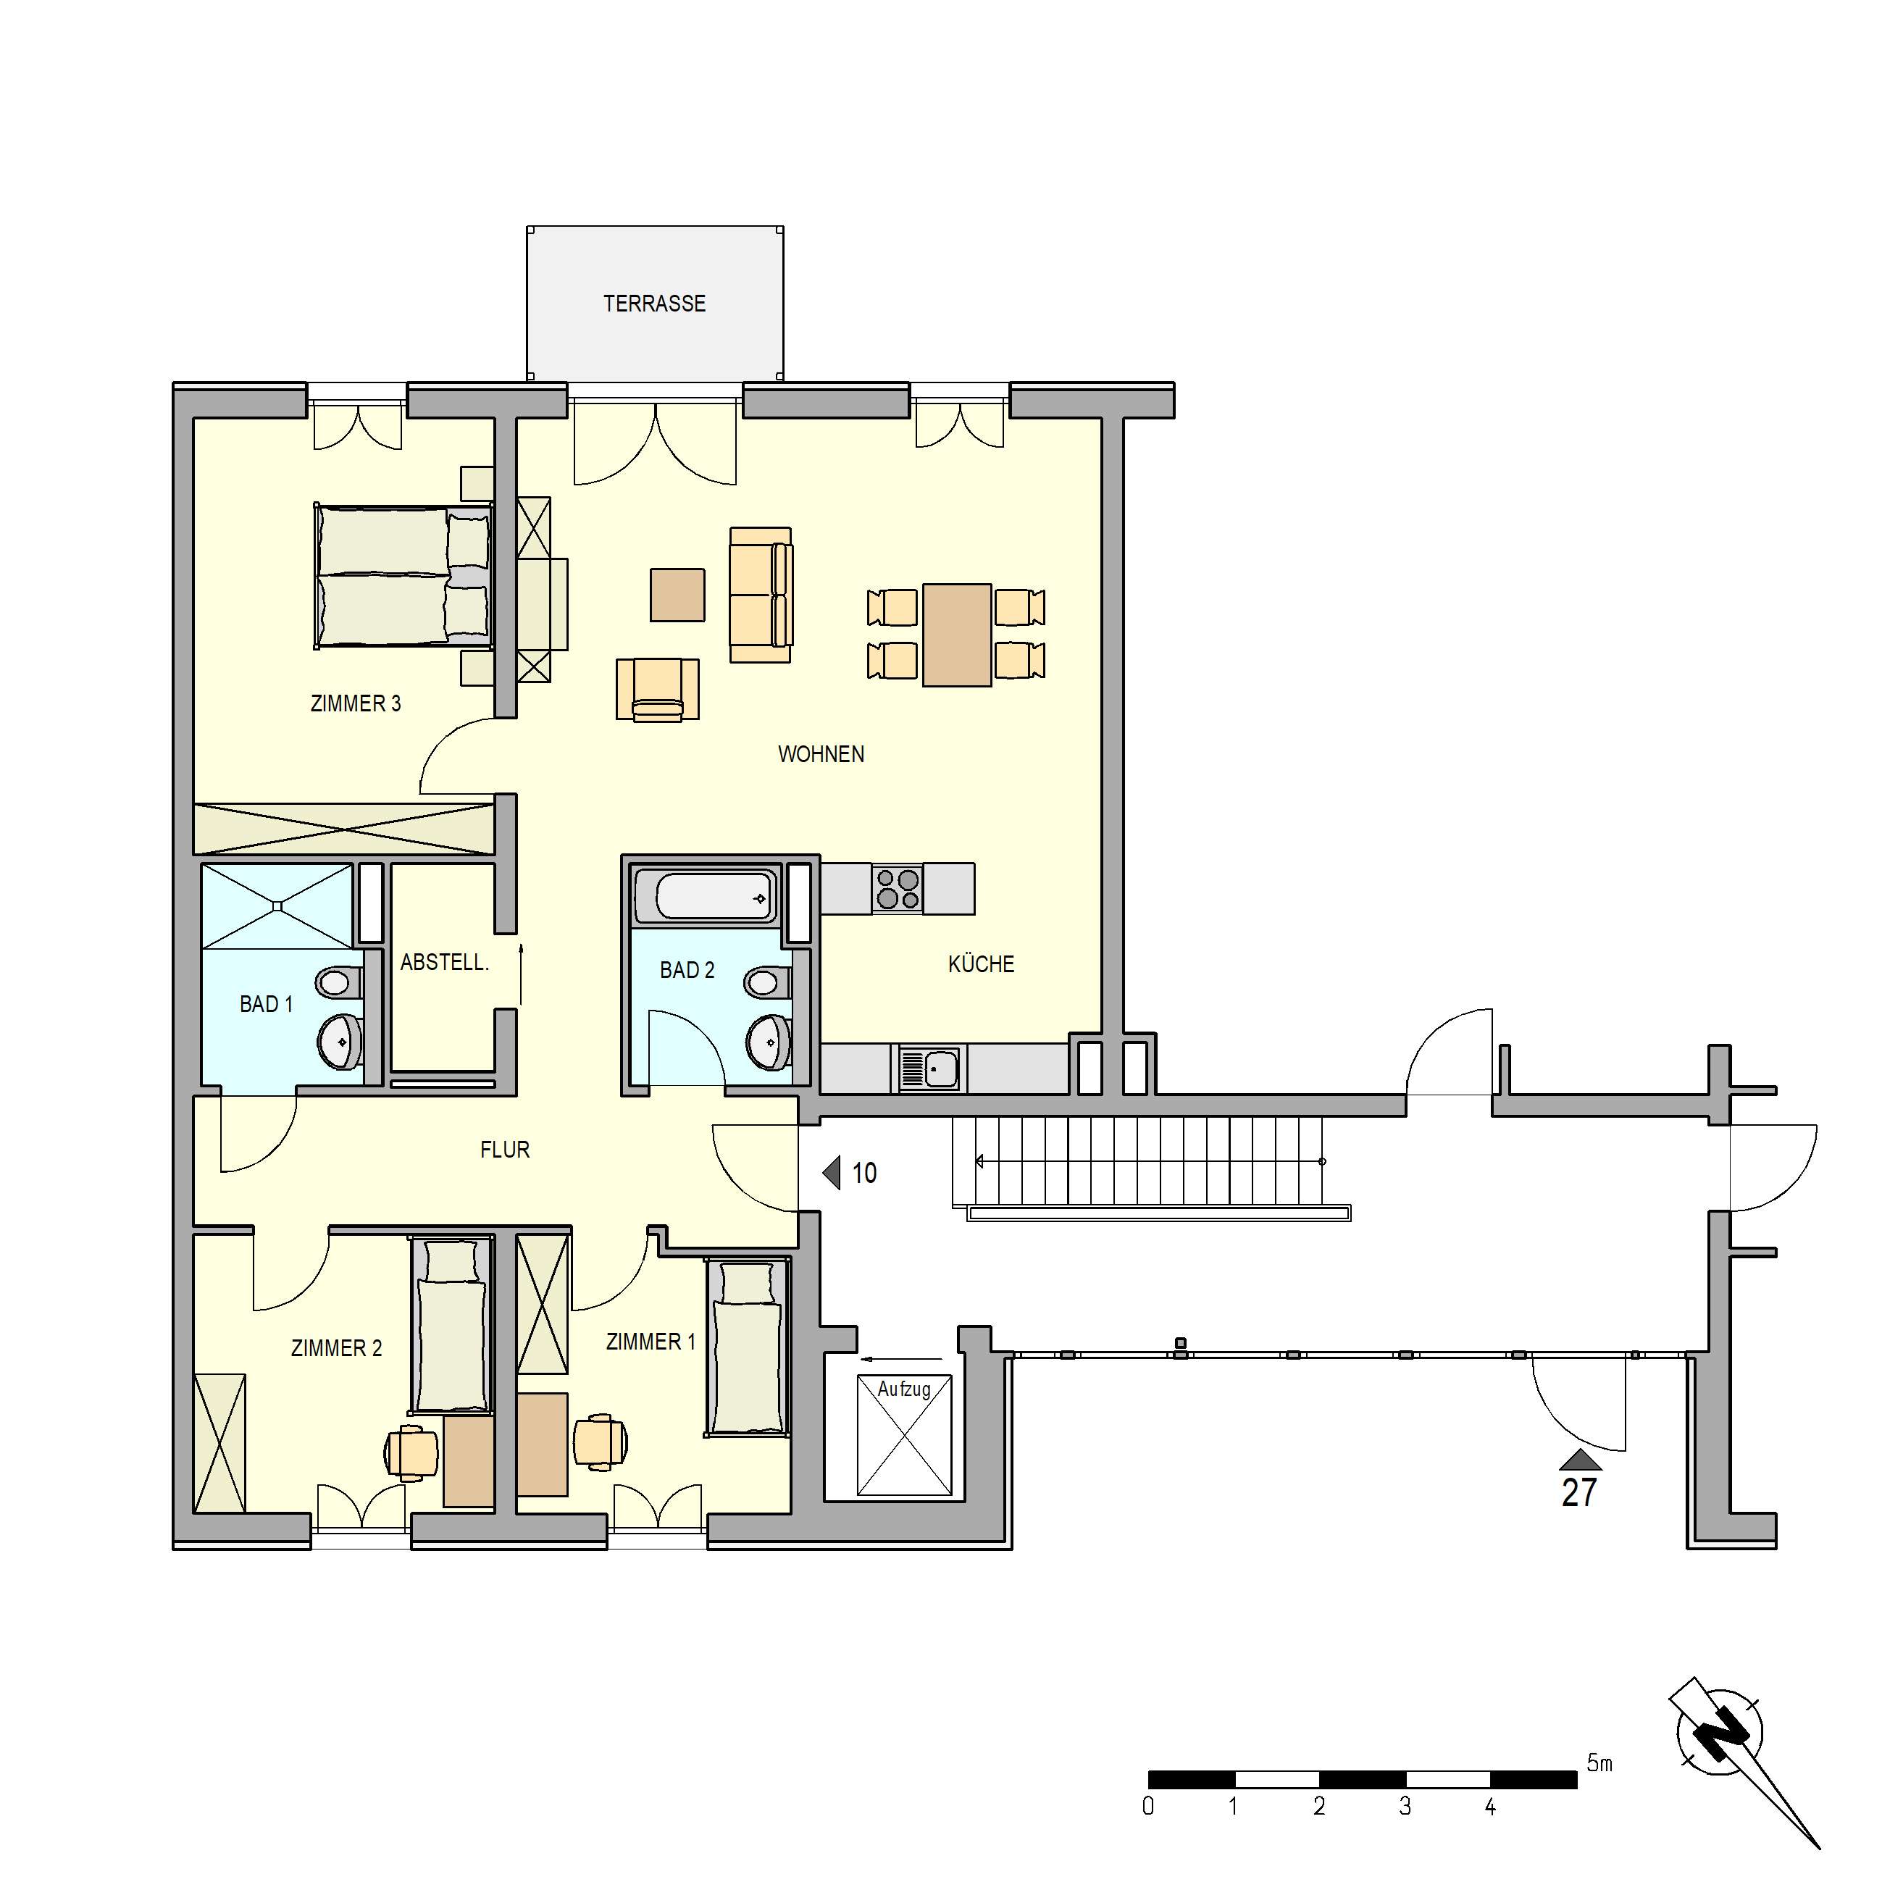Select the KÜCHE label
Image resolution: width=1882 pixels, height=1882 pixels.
point(981,964)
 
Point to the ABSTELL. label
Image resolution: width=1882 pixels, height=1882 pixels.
point(444,963)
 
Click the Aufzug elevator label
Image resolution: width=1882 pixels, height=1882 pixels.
point(904,1389)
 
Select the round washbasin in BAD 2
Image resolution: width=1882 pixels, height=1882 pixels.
point(769,1042)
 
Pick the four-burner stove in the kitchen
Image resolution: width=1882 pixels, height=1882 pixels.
point(897,888)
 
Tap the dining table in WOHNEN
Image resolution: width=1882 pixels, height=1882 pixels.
point(957,635)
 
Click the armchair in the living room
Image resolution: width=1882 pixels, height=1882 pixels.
point(658,690)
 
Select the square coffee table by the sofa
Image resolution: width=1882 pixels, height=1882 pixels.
point(677,594)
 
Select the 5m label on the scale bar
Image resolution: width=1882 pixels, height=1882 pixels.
point(1599,1762)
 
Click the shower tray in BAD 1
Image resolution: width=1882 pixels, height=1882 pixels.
point(277,906)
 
